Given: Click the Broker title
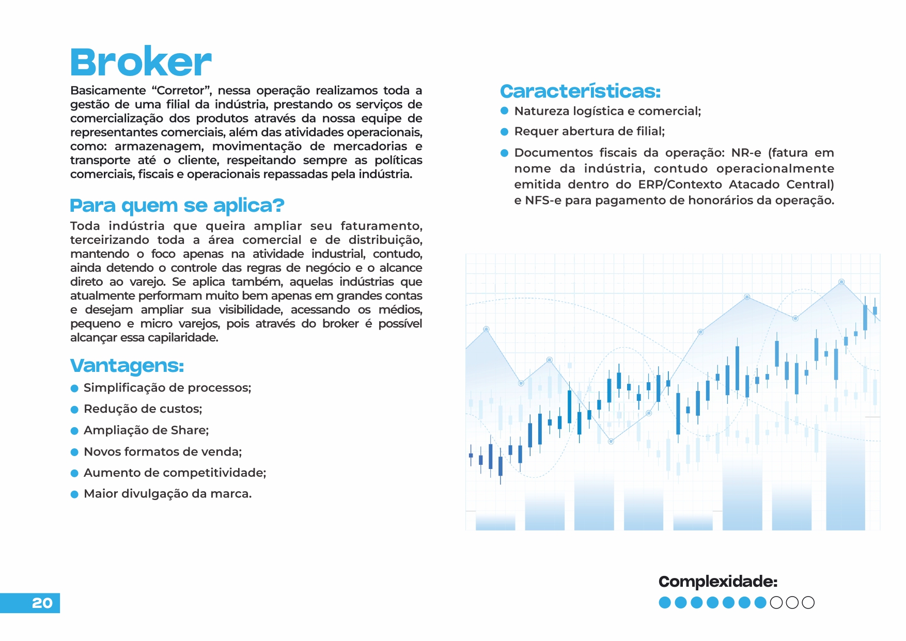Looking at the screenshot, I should tap(140, 62).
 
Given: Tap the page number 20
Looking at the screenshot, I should tap(42, 603).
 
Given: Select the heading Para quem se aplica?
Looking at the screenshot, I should tap(177, 205).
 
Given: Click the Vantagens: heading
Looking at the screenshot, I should tap(127, 365).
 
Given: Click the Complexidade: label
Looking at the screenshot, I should tap(717, 582).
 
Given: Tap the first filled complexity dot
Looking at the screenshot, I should tap(665, 602).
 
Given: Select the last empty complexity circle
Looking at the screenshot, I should tap(808, 602).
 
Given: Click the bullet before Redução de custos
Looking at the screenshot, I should tap(74, 410).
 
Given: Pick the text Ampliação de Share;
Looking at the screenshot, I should tap(146, 430).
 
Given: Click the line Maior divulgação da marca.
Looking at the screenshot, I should tap(167, 494).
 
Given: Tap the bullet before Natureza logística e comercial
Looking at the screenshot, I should tap(505, 111).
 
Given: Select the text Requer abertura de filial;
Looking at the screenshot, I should tap(589, 131).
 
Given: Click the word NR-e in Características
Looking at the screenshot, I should tap(746, 153).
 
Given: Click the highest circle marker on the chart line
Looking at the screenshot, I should tap(841, 282).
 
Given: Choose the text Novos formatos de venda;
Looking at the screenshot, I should tap(163, 452).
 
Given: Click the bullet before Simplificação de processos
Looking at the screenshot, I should tap(74, 388).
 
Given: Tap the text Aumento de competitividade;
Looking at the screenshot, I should tap(175, 473).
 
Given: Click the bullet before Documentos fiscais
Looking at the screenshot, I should tap(505, 153).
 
